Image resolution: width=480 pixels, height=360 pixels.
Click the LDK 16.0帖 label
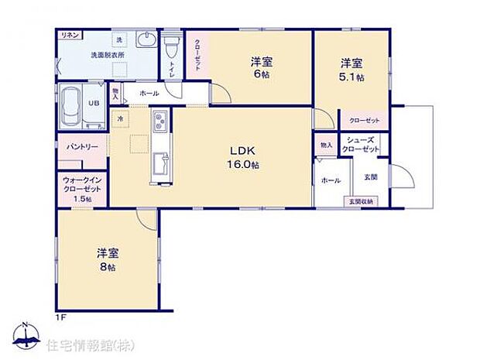[x=242, y=157]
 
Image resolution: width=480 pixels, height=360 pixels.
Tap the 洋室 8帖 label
[x=107, y=259]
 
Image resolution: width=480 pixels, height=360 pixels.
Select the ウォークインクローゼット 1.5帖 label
[x=81, y=189]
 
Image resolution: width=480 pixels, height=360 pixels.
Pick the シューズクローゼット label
[x=362, y=145]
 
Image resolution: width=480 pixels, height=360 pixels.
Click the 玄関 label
[x=370, y=177]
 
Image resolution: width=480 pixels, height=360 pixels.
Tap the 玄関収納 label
[x=360, y=201]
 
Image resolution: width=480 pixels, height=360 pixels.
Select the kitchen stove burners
[x=160, y=122]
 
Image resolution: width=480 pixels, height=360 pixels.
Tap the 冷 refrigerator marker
[x=121, y=119]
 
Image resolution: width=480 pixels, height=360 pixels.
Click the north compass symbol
[x=26, y=334]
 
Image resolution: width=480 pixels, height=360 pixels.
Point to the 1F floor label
[x=60, y=317]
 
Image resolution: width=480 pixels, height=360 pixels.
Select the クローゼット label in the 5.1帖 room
[x=364, y=121]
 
